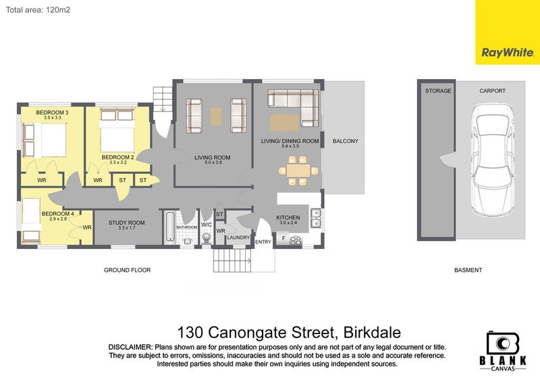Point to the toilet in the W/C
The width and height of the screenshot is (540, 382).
206,236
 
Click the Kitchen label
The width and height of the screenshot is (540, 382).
288,217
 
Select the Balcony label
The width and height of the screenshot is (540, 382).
346,141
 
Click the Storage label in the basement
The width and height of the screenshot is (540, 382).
435,90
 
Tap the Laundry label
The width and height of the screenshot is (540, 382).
239,238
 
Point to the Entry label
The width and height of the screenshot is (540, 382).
263,242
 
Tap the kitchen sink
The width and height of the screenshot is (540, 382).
315,218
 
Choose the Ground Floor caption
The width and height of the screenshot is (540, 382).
127,270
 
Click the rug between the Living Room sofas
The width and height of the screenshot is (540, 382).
216,116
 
